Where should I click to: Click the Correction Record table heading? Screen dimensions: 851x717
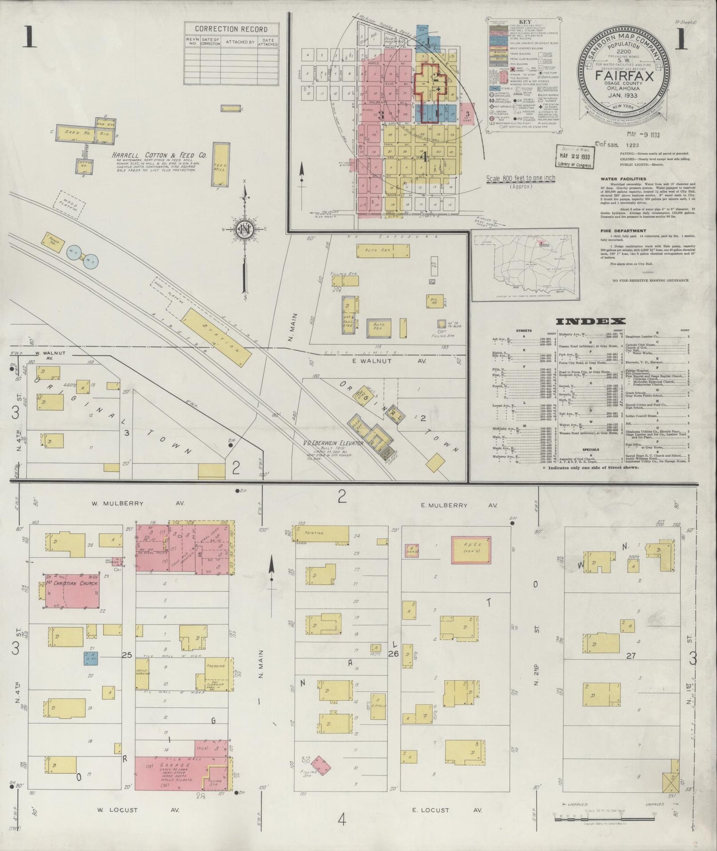coord(231,29)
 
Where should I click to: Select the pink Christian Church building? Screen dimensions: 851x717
coord(72,592)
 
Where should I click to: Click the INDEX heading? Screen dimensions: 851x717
coord(590,321)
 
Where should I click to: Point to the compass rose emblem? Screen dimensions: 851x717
coord(244,229)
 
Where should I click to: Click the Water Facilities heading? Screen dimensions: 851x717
coord(623,179)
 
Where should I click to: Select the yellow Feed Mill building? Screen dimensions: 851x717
coord(221,164)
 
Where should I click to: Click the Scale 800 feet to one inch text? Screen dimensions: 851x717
coord(521,178)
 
